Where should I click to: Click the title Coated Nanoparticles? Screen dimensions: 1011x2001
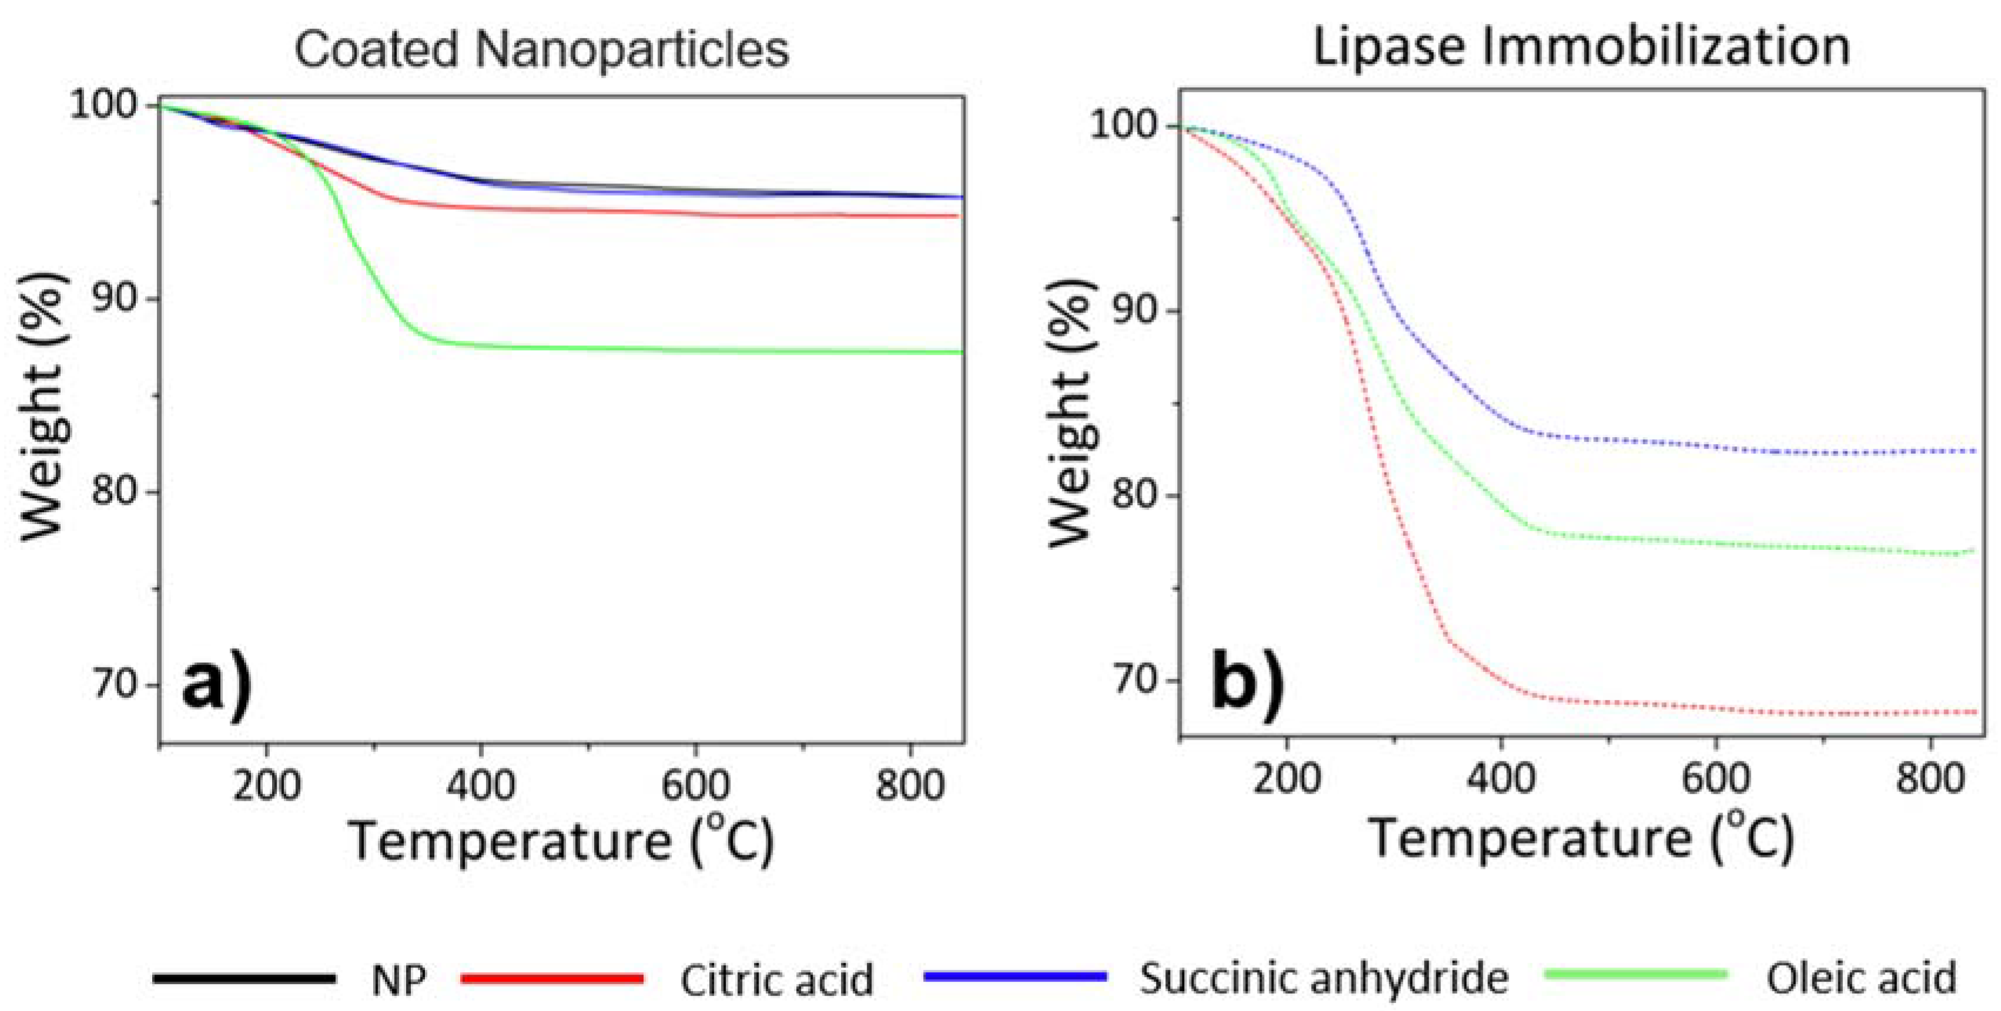click(541, 50)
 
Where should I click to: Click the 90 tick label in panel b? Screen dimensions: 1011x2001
click(1135, 311)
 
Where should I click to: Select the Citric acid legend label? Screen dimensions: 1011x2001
click(777, 980)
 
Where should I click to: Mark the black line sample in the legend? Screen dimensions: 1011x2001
click(244, 978)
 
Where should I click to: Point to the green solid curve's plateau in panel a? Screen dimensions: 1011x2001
click(699, 351)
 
